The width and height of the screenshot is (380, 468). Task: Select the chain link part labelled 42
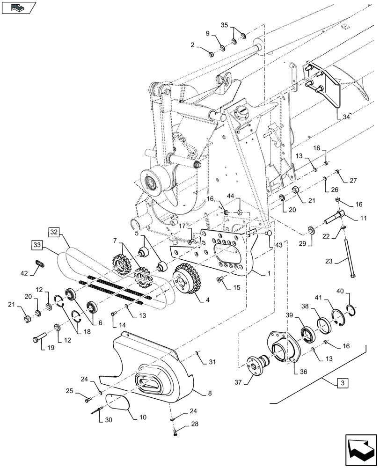(41, 264)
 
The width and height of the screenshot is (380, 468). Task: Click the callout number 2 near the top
(192, 45)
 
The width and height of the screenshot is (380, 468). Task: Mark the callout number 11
(364, 219)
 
